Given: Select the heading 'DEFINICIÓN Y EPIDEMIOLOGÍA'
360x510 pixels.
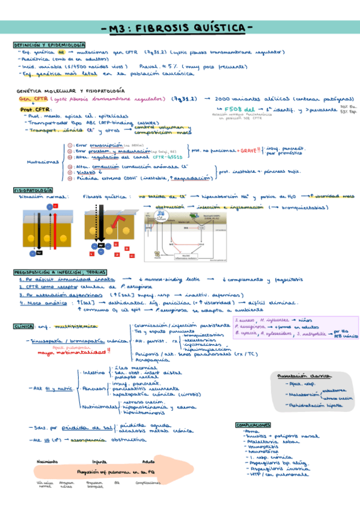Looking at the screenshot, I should click(x=49, y=46).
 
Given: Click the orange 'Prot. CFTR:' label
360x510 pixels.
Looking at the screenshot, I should click(x=34, y=109).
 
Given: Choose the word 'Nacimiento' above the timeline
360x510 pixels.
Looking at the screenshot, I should click(x=47, y=461).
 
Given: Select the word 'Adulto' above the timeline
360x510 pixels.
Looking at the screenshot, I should click(x=147, y=461).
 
